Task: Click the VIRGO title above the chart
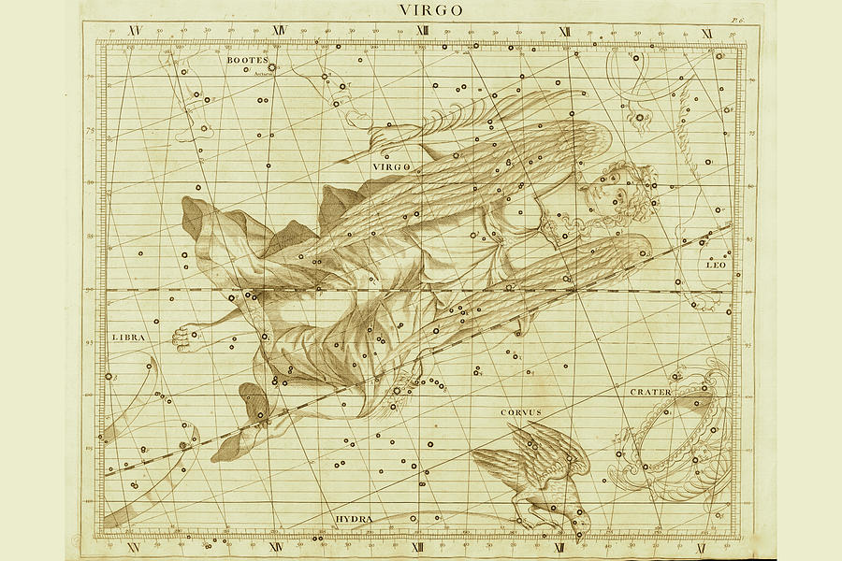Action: [x=431, y=10]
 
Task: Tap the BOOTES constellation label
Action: [x=247, y=60]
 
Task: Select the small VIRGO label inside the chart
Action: [x=392, y=165]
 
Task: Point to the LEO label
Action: [x=716, y=265]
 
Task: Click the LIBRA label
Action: [x=128, y=337]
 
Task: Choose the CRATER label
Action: [x=650, y=392]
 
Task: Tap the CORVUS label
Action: [x=521, y=411]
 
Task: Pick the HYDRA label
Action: [x=355, y=519]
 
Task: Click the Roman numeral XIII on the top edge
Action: [x=422, y=31]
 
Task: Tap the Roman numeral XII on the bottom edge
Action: [x=561, y=547]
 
